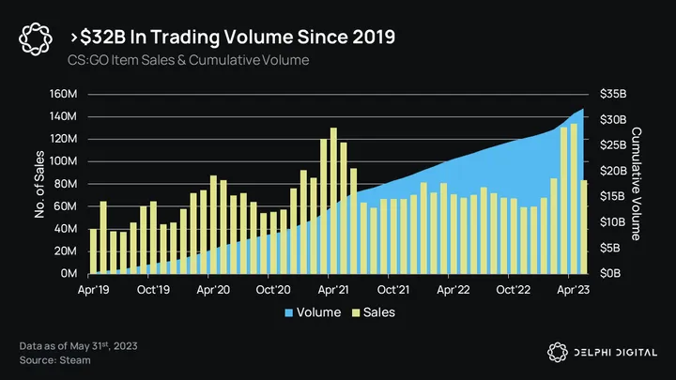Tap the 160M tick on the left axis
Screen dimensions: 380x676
(63, 94)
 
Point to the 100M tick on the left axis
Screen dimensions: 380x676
(63, 161)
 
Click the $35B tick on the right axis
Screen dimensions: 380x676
(611, 94)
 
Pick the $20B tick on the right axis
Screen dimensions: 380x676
(611, 171)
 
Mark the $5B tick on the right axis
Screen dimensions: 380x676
(608, 248)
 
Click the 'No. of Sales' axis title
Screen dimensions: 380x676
(40, 184)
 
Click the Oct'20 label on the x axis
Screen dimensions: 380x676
(273, 291)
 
